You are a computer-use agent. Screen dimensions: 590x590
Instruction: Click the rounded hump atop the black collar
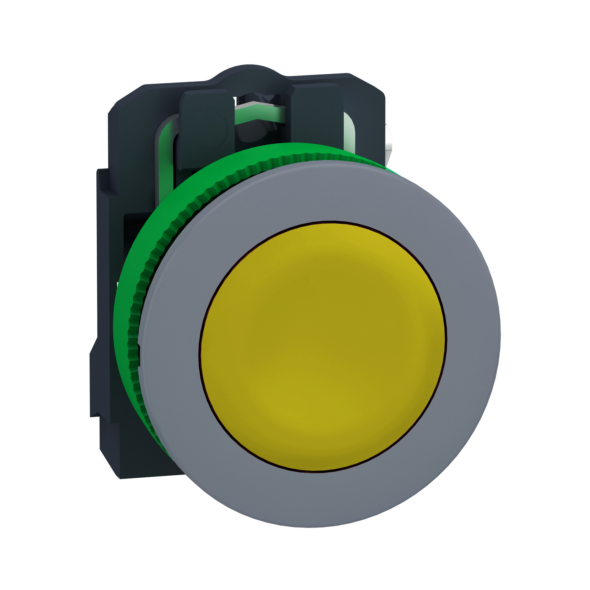tap(249, 73)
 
